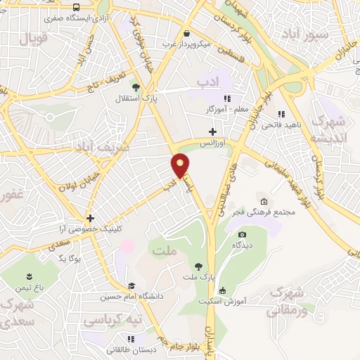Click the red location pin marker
point(181,165)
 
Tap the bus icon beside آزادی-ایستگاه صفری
point(76,8)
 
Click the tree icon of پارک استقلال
point(136,87)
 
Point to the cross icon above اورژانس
point(212,131)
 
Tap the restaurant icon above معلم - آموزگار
point(227,99)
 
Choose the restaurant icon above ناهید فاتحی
point(281,114)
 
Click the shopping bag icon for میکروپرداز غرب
point(186,33)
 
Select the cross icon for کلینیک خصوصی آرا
point(90,218)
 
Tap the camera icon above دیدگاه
point(243,234)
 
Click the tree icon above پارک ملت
point(199,266)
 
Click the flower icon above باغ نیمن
point(29,276)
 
